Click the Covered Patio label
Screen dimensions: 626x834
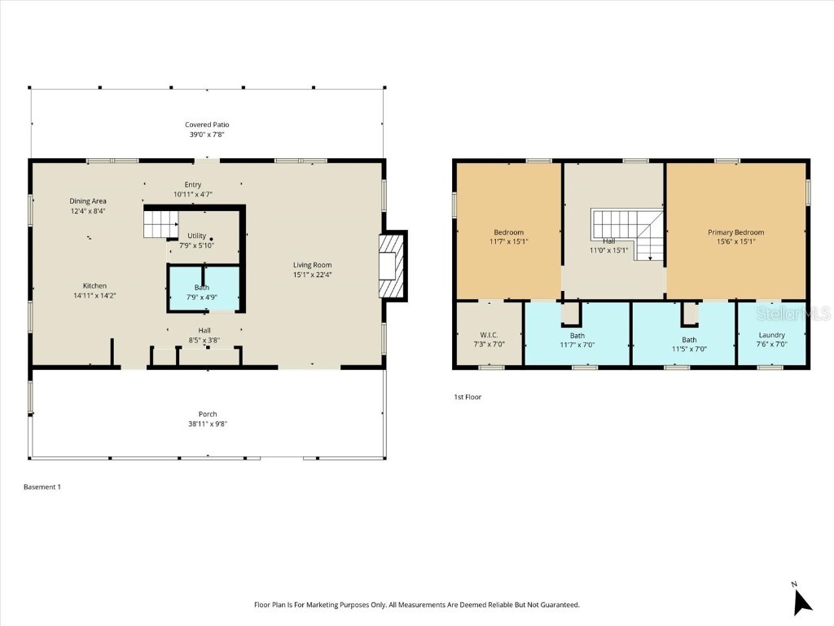coord(206,125)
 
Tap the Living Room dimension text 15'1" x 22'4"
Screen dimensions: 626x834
coord(312,275)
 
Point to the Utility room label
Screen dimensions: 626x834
coord(196,236)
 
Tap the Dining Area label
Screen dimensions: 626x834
coord(88,201)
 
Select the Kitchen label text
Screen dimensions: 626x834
coord(94,286)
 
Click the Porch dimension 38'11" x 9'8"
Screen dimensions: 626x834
coord(208,424)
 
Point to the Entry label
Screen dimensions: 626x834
coord(192,185)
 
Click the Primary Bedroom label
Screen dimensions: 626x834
coord(735,232)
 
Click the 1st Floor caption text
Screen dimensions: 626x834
coord(467,397)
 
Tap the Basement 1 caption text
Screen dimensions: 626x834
coord(42,487)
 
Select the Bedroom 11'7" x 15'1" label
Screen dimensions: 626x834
coord(508,232)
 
